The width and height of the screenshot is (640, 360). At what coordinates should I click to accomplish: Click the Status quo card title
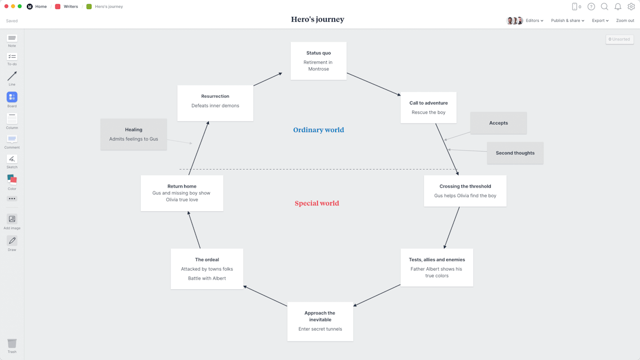(x=318, y=53)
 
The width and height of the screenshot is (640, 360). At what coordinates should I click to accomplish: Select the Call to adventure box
(x=428, y=107)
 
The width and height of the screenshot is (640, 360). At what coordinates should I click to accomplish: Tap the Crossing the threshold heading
(x=465, y=186)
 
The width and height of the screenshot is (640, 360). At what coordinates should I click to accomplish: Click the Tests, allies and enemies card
(x=437, y=268)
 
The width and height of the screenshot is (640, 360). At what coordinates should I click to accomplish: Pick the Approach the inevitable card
(x=320, y=322)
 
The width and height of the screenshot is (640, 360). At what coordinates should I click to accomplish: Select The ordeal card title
(x=207, y=259)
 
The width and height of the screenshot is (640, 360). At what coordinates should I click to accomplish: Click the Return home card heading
(x=182, y=186)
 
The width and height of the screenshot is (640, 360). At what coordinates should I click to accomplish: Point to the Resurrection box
(x=215, y=103)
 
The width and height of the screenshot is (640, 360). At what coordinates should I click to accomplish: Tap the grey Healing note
(x=134, y=134)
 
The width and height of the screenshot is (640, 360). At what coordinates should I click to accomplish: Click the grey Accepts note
(x=498, y=123)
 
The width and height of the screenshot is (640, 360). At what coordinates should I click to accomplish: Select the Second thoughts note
(x=515, y=153)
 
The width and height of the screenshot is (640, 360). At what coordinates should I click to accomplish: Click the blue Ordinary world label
(x=318, y=130)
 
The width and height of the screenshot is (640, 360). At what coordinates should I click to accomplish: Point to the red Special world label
(x=317, y=203)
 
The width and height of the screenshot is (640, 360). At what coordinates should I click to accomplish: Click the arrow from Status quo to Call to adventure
(x=373, y=84)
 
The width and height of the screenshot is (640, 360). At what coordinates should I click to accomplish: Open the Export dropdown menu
(x=600, y=21)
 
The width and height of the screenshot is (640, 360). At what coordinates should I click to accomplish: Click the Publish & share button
(x=567, y=21)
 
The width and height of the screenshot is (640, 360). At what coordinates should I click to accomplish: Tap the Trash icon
(x=12, y=344)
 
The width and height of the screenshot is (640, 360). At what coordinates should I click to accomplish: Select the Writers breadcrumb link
(x=71, y=7)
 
